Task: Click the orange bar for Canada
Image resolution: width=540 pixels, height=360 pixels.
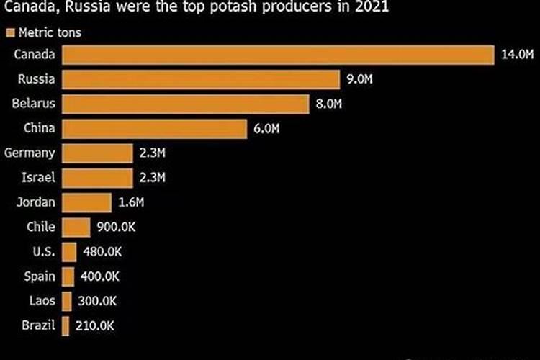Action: pos(278,55)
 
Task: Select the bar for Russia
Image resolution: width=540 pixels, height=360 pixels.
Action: pos(201,80)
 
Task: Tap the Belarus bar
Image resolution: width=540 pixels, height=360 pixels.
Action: pos(186,104)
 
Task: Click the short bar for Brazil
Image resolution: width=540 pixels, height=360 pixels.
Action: pos(66,325)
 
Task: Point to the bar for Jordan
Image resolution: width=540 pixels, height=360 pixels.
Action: pos(86,202)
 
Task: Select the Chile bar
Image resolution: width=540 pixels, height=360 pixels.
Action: pos(76,228)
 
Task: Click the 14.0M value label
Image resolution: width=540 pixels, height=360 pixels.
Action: pos(516,55)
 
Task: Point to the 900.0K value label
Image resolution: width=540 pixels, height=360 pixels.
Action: pos(116,228)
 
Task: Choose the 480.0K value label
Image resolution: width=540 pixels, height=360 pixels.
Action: pos(103,252)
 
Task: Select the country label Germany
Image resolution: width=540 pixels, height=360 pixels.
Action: pos(30,153)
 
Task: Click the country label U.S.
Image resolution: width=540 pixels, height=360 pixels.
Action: pos(43,251)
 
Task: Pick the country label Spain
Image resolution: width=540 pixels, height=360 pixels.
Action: pos(40,276)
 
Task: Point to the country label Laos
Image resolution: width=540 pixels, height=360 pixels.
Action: pos(42,300)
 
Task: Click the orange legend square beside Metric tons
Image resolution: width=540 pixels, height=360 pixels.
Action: pos(11,33)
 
